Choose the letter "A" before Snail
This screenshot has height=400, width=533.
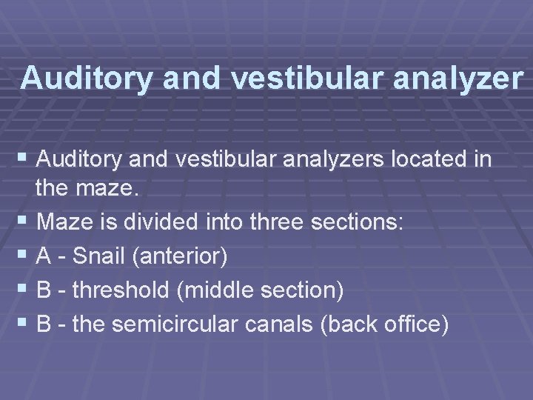(44, 257)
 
